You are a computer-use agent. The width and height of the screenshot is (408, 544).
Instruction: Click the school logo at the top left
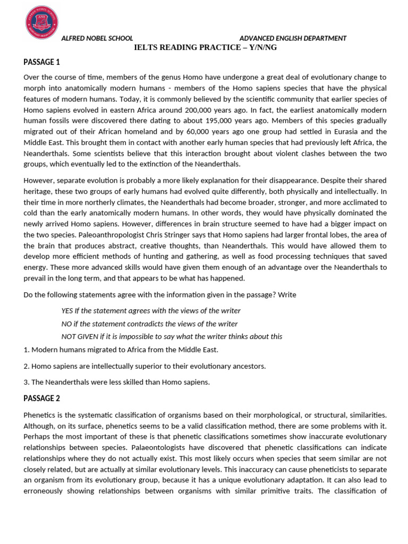[41, 22]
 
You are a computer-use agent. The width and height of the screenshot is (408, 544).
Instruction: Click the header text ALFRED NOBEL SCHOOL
[97, 38]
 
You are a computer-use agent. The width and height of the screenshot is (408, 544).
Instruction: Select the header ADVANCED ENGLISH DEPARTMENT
[293, 38]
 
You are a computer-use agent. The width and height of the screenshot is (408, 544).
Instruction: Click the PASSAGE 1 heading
[42, 62]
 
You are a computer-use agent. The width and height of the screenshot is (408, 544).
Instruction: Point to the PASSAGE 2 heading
[42, 398]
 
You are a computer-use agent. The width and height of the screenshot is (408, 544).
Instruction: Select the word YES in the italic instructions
[68, 311]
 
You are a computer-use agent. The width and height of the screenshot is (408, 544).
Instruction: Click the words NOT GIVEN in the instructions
[81, 336]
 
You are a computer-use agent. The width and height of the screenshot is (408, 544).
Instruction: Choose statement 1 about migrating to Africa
[121, 350]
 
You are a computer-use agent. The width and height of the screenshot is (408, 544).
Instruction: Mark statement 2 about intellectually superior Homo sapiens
[144, 366]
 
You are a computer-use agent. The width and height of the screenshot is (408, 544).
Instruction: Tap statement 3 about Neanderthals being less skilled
[117, 382]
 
